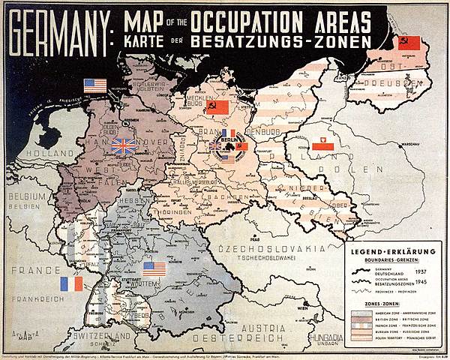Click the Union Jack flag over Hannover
[x=123, y=145]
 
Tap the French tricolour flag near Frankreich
[x=71, y=283]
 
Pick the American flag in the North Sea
[x=95, y=85]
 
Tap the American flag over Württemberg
[x=154, y=268]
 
